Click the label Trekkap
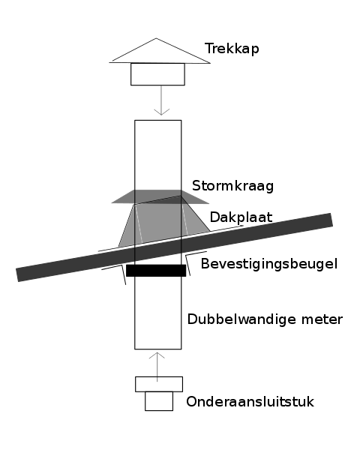coord(232,49)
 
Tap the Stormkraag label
coord(232,186)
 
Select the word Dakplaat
coord(241,217)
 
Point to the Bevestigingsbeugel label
coord(269,264)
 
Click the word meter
coord(322,319)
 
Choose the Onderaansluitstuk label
coord(250,401)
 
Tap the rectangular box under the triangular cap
coord(157,74)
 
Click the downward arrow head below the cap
coord(162,112)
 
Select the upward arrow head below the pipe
coord(157,355)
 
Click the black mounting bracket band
coord(156,271)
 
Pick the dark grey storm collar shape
coord(160,196)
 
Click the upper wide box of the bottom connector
coord(159,384)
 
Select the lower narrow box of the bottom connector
coord(159,401)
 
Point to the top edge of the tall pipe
coord(158,120)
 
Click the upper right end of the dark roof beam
coord(331,220)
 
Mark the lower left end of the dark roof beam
coord(17,275)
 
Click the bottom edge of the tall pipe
coord(158,349)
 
